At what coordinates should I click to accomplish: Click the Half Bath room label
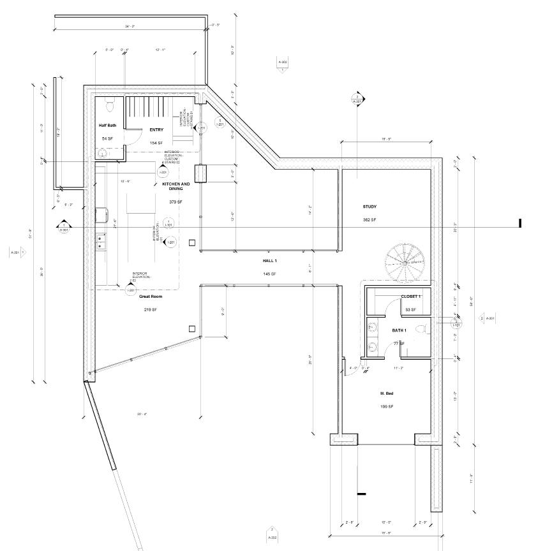tap(107, 126)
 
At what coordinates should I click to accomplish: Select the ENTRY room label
tap(156, 130)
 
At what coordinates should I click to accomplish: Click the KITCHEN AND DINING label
tap(176, 186)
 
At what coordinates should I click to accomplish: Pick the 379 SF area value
tap(176, 202)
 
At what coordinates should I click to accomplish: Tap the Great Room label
tap(149, 297)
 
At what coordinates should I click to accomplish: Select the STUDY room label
tap(370, 207)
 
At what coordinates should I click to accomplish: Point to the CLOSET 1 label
tap(410, 297)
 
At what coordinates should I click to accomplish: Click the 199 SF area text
tap(387, 406)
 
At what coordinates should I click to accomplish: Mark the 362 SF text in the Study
tap(370, 219)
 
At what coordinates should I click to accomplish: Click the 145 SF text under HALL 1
tap(269, 274)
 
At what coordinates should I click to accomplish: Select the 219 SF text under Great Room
tap(149, 310)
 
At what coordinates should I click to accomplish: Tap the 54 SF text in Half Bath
tap(107, 138)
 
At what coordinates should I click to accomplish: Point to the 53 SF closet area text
tap(410, 310)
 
